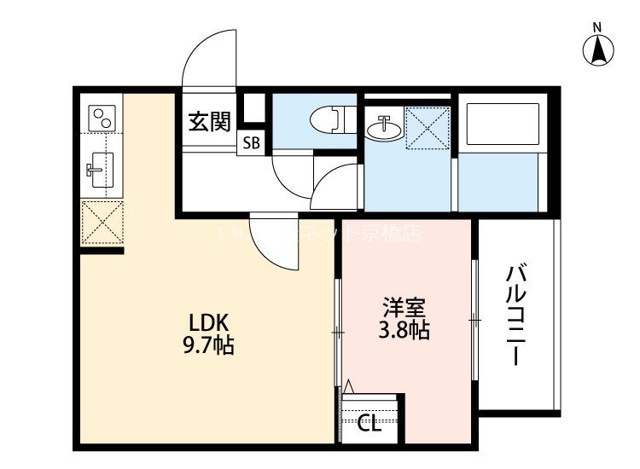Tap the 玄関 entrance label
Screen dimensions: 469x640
click(208, 122)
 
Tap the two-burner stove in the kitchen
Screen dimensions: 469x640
click(102, 118)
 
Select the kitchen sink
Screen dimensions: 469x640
click(102, 170)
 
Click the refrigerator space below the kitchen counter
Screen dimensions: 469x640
click(102, 223)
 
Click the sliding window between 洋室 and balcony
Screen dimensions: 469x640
click(474, 320)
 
